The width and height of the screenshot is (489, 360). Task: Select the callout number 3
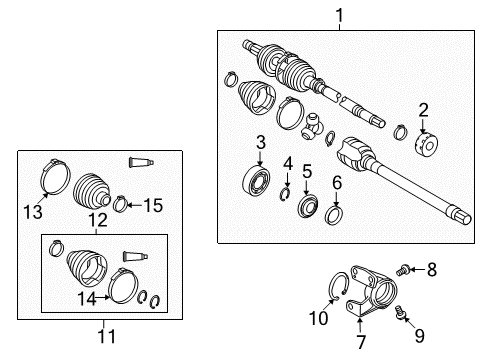tap(259, 143)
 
